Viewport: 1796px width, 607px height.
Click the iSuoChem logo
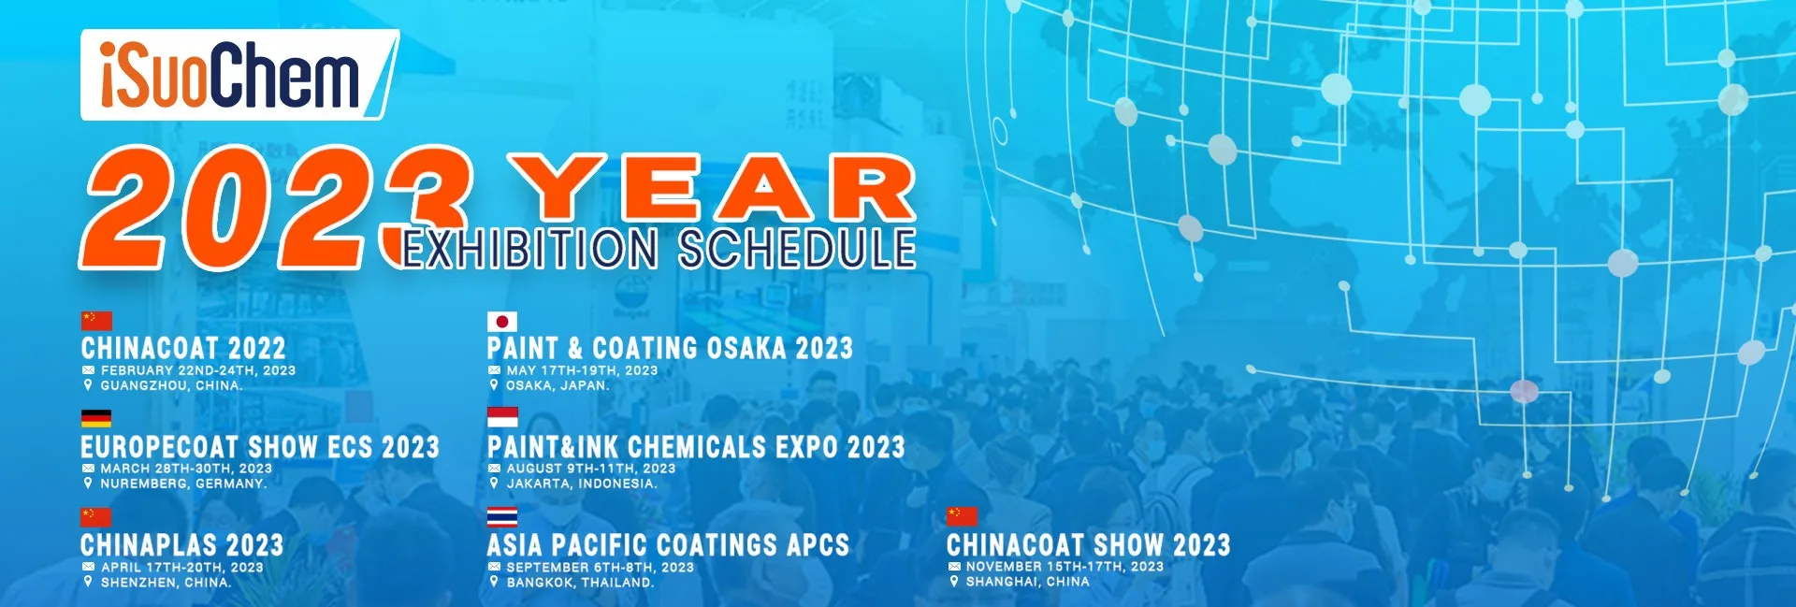239,75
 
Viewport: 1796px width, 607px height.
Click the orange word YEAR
712,188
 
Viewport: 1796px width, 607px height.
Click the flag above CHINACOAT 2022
96,322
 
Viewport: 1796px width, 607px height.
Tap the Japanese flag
502,322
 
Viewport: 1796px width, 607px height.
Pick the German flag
96,419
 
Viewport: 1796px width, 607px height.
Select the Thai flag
502,517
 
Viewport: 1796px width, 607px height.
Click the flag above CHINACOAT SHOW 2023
962,517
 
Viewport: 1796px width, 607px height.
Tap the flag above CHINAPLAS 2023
96,517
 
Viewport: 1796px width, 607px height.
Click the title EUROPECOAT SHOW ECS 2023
260,447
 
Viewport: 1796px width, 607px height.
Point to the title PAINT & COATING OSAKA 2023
670,349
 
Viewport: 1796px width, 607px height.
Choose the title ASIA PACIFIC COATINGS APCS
668,545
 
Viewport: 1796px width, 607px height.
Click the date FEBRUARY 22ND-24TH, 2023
198,370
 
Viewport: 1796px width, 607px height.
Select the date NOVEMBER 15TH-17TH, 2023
1065,567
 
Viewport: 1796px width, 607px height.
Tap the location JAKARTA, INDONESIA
582,484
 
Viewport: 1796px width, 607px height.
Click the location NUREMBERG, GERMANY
184,484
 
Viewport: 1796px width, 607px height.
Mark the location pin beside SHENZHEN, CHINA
88,582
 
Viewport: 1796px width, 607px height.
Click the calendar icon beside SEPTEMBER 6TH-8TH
494,567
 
